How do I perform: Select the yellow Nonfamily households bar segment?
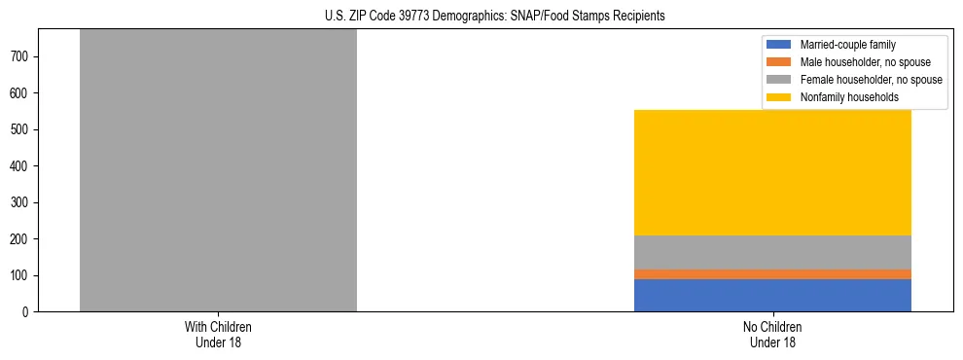[772, 172]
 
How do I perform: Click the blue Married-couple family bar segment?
[772, 295]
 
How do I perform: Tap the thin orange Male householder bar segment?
[772, 274]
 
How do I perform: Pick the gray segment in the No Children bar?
[772, 252]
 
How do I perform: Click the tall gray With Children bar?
[218, 170]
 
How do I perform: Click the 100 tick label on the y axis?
[20, 275]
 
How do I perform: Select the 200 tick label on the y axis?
[20, 239]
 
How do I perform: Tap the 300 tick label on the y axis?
[20, 202]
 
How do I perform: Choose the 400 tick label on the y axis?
[20, 166]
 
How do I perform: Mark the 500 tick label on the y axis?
[20, 129]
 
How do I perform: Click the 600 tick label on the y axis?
[20, 93]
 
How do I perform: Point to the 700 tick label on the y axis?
[20, 57]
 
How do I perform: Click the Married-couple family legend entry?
[846, 45]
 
